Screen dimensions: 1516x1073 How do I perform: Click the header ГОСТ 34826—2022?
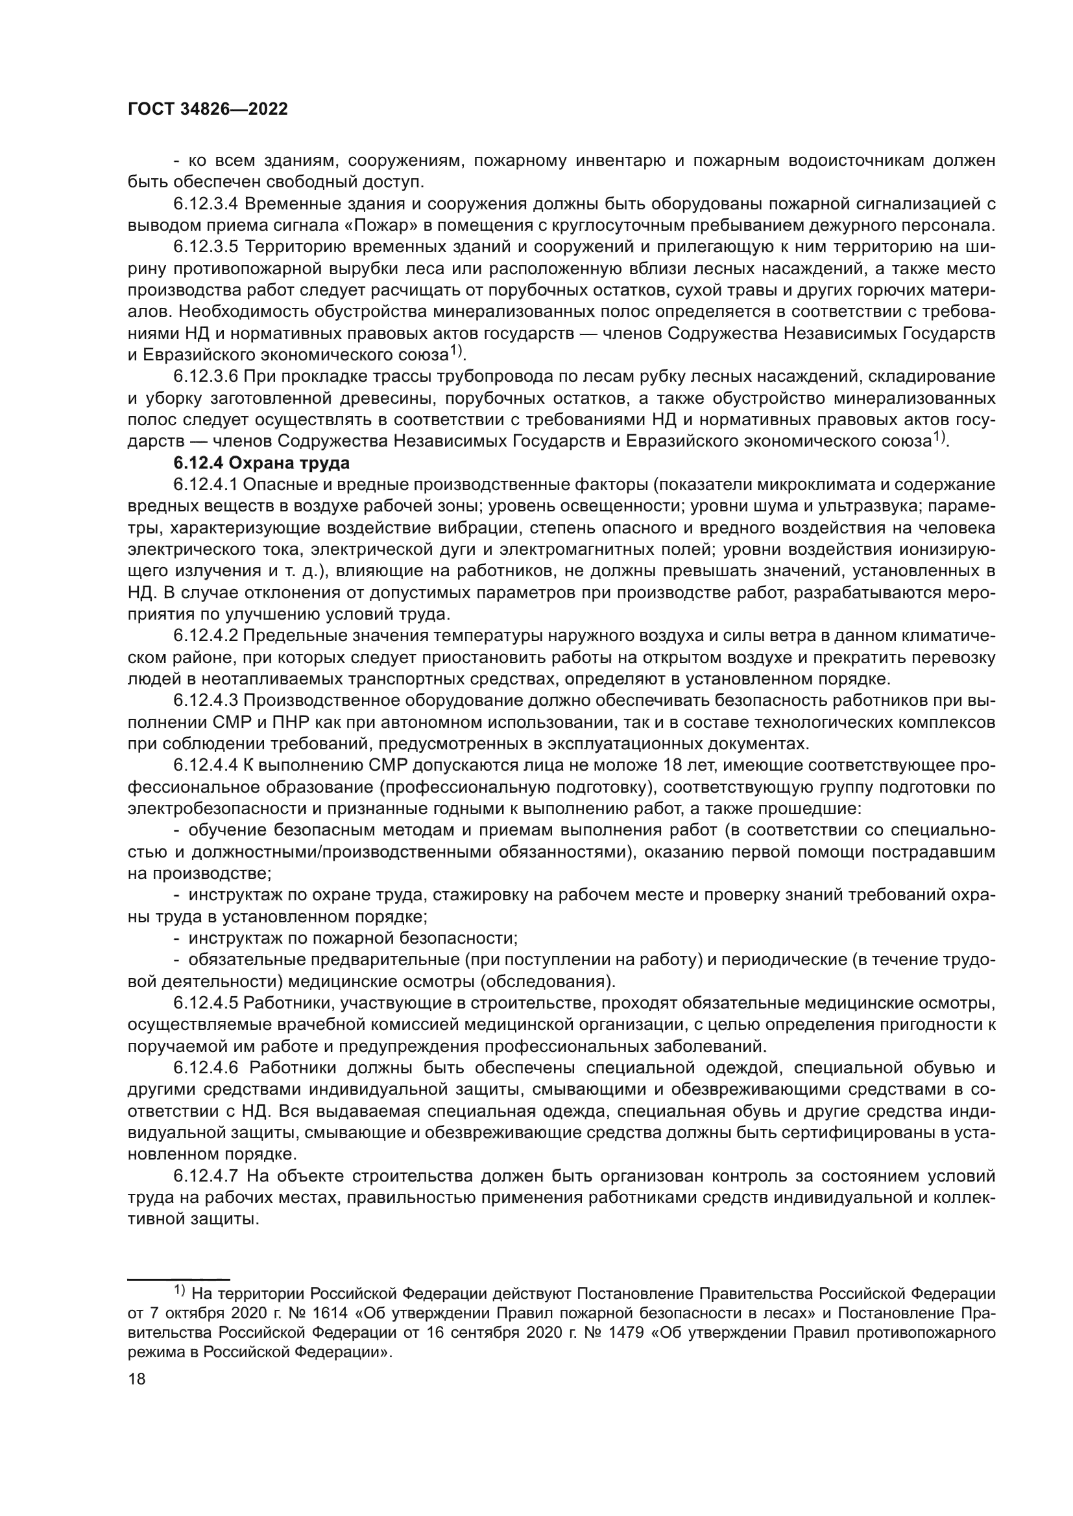(208, 110)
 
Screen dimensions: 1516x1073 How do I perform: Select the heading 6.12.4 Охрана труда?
(261, 463)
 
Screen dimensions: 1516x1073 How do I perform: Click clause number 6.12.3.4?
(206, 204)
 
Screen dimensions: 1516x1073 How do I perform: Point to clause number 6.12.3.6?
(206, 377)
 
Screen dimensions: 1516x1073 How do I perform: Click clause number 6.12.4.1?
(206, 485)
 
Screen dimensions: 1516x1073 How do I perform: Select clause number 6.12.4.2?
(206, 636)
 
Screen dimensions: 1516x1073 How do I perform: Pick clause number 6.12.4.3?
(206, 701)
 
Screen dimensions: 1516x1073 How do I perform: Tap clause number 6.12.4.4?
(206, 766)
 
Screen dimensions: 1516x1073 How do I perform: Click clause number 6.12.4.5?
(206, 1003)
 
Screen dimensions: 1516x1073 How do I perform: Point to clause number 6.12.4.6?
(206, 1068)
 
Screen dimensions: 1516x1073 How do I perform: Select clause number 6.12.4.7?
(206, 1176)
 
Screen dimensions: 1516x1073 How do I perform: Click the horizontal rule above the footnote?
(178, 1279)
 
